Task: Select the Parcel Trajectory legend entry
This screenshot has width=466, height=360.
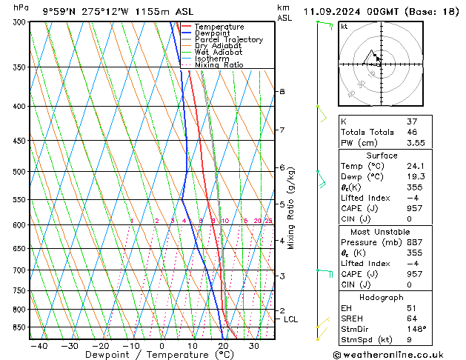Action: click(228, 40)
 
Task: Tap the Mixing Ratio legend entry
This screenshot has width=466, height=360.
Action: click(219, 65)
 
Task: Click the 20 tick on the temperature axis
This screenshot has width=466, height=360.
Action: click(223, 346)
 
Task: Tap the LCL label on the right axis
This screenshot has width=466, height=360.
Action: click(290, 319)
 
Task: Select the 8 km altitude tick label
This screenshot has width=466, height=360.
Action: click(282, 91)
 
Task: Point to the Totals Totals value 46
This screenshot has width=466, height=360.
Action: click(407, 132)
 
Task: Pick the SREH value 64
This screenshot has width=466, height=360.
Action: click(407, 319)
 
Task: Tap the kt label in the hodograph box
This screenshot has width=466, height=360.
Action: click(344, 26)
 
